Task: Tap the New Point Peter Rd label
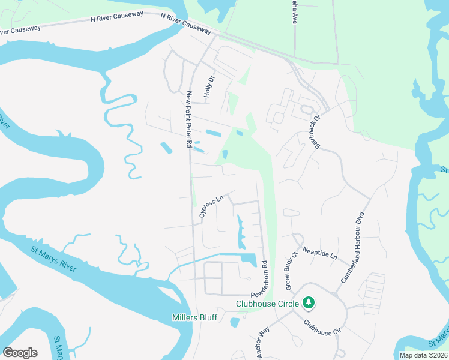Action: click(x=188, y=119)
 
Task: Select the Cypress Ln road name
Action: click(x=211, y=205)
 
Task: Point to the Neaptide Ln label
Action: click(x=320, y=252)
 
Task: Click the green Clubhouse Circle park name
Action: click(x=267, y=304)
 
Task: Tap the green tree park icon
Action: click(x=309, y=302)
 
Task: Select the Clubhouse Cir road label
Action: click(x=322, y=328)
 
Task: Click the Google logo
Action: click(x=20, y=353)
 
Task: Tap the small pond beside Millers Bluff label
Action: click(x=234, y=322)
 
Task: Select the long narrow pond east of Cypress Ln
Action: click(x=242, y=232)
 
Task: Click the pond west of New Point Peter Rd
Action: click(x=165, y=146)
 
